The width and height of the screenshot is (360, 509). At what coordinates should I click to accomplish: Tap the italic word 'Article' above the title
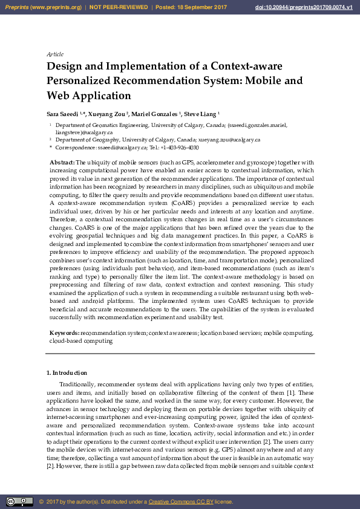[55, 54]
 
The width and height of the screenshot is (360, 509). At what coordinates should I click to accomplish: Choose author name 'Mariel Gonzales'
[155, 114]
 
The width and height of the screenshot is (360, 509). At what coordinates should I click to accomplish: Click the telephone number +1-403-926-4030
[180, 147]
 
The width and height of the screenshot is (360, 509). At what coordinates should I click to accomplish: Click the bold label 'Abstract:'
[62, 163]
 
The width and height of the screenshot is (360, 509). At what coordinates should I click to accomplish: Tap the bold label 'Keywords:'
[64, 333]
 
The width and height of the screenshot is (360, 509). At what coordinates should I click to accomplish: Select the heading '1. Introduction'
[67, 373]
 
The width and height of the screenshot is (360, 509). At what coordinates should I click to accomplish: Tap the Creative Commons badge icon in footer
[19, 502]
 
